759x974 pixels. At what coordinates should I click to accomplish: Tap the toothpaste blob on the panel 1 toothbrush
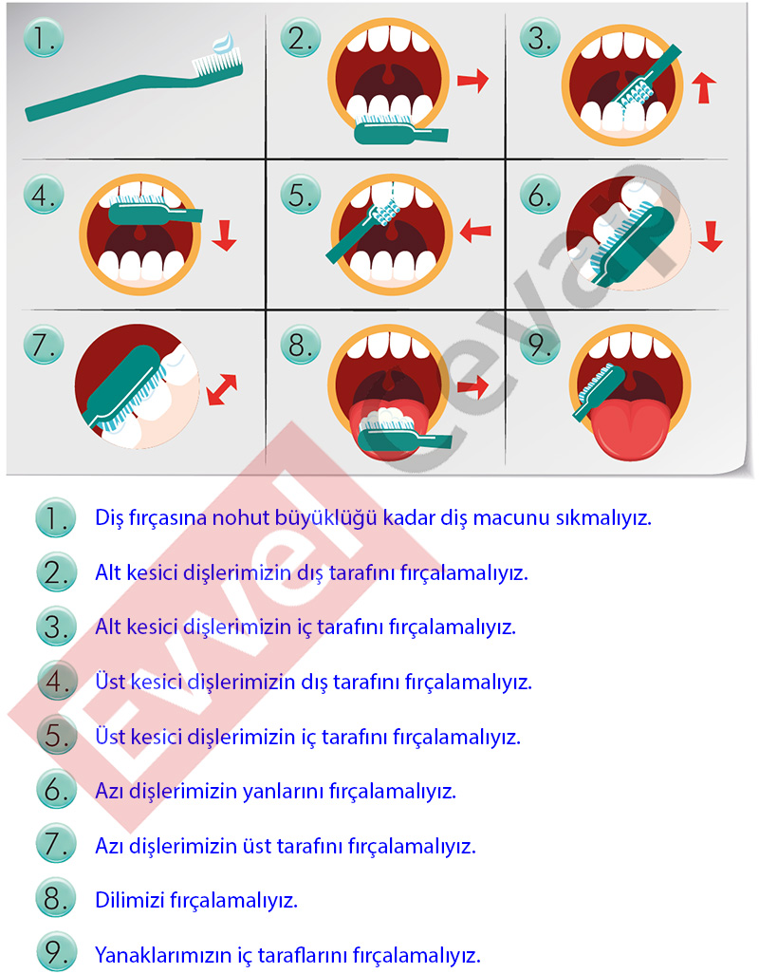[224, 44]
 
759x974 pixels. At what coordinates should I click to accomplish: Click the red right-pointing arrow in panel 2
[472, 80]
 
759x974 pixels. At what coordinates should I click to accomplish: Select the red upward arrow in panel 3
[703, 87]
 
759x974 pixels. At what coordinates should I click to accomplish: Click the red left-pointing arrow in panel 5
[475, 231]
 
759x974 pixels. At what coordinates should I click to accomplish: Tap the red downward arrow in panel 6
[710, 236]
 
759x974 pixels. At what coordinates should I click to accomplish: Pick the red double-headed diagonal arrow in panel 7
[222, 389]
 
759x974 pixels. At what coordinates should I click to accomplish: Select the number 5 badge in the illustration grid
[301, 195]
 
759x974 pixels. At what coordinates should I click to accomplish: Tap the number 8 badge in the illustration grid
[301, 345]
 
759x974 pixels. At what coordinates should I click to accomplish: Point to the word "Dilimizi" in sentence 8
[129, 900]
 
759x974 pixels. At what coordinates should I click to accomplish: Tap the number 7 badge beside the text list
[56, 844]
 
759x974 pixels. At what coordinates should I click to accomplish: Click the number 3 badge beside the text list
[56, 627]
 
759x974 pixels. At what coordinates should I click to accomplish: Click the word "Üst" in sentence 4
[110, 682]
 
